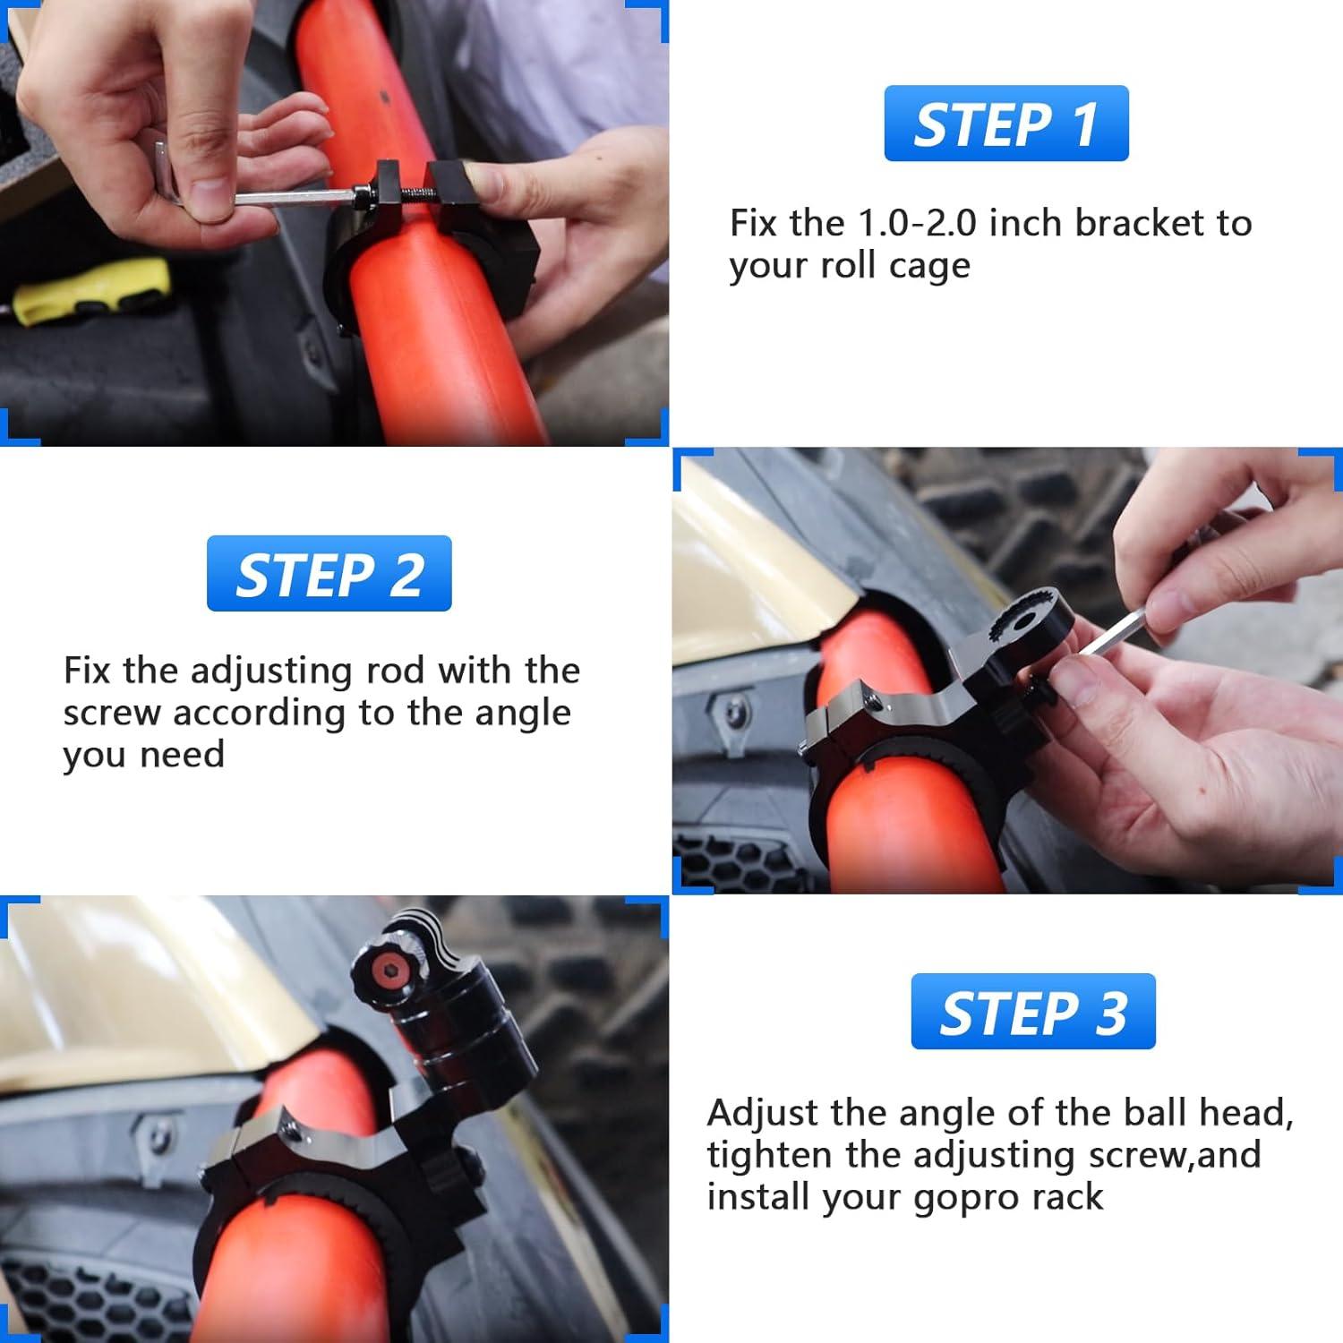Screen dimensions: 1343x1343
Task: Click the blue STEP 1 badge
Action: [x=1006, y=124]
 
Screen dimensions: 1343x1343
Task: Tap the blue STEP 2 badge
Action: [x=329, y=574]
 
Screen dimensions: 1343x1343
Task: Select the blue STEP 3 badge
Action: [x=1033, y=1012]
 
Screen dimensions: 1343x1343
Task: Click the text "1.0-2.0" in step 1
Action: [x=917, y=223]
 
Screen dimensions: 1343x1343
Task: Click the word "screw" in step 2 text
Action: [x=112, y=714]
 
